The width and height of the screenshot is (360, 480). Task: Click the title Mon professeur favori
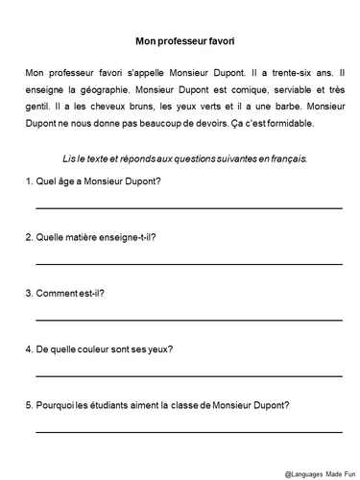coord(180,41)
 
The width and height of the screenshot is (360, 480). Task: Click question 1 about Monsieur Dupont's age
coord(90,182)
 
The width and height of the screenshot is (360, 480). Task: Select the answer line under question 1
coord(188,206)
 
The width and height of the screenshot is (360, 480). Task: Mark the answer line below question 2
coord(188,262)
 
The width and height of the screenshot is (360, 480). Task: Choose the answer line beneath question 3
coord(188,318)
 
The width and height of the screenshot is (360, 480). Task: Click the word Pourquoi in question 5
coord(54,404)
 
